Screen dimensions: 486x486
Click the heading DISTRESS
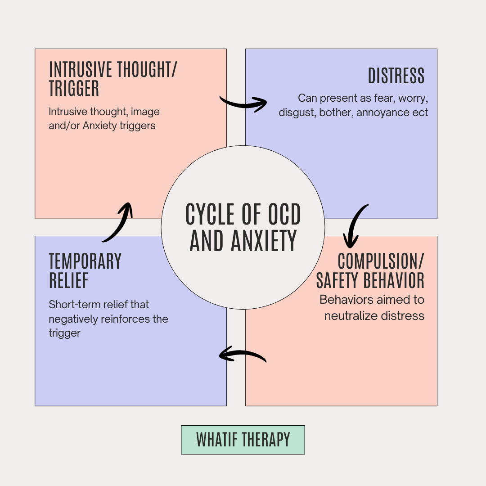396,76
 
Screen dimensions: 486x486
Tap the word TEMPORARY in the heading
85,261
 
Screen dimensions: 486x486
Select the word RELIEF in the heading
68,280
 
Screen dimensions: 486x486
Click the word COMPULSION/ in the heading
381,261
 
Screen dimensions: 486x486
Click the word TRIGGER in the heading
74,89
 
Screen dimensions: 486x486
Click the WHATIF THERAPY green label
243,440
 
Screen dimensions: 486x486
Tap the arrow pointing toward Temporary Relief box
242,355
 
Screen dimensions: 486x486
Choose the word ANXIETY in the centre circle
264,241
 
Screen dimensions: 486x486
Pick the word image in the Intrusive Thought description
145,111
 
